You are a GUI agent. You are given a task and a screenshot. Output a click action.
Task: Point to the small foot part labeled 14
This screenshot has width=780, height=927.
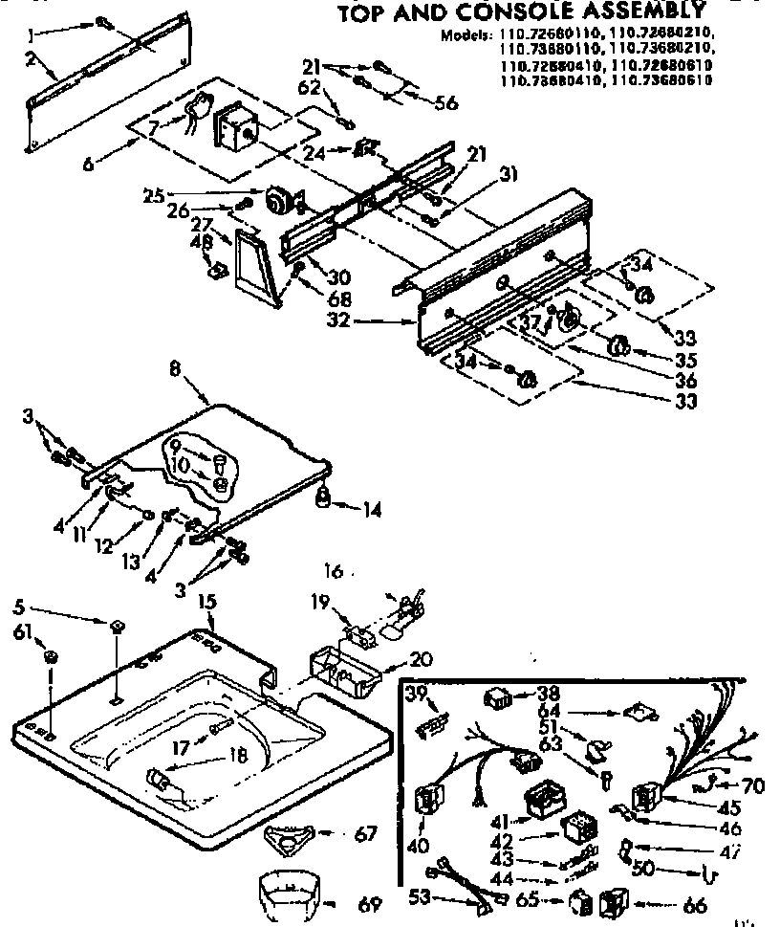point(324,497)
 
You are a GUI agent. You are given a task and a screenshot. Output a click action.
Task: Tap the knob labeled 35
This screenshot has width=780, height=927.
point(618,345)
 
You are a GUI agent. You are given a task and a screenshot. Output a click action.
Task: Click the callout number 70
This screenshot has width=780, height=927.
point(753,787)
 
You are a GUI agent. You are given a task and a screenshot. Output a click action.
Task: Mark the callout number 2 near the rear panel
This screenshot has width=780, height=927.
point(32,60)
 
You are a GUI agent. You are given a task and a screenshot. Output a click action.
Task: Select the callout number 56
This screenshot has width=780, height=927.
point(446,104)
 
